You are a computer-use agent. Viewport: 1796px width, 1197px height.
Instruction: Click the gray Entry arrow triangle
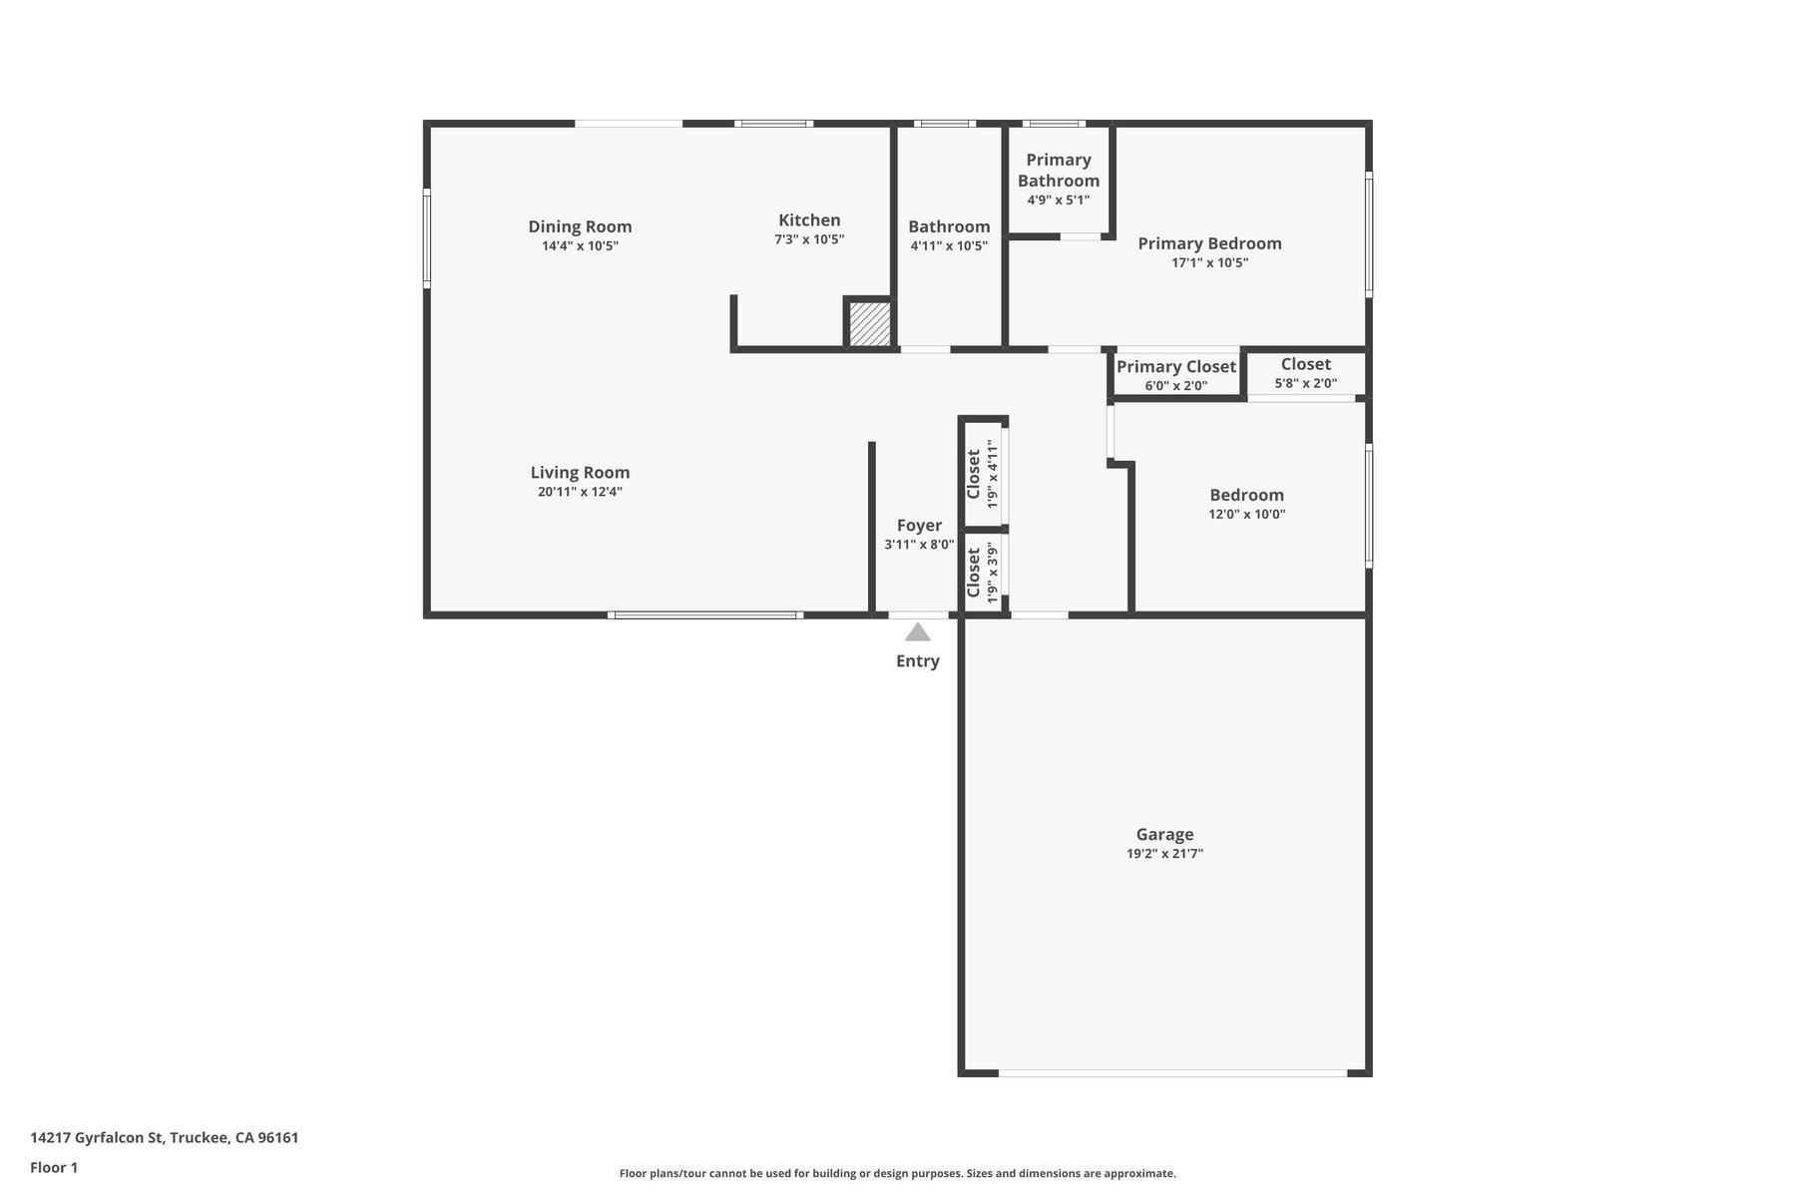[x=917, y=632]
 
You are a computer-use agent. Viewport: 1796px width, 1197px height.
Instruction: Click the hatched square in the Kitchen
[x=869, y=324]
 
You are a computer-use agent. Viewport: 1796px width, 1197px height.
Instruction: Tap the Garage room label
[x=1164, y=834]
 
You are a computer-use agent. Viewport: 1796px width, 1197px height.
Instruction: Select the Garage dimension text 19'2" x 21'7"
[x=1164, y=854]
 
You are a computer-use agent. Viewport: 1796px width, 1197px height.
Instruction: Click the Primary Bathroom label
[x=1058, y=170]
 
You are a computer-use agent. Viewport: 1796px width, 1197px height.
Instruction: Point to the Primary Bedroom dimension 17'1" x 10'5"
[x=1209, y=263]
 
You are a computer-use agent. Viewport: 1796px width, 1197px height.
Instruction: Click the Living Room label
[x=580, y=472]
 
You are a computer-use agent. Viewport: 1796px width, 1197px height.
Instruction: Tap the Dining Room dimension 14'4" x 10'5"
[x=580, y=246]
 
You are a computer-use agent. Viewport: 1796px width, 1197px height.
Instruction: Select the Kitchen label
[x=809, y=219]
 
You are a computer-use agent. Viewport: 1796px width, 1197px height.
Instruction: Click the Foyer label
[x=918, y=525]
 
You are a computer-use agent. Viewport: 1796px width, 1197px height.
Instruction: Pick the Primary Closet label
[x=1175, y=366]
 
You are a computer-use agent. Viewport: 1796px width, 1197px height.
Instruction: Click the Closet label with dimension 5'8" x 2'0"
[x=1305, y=364]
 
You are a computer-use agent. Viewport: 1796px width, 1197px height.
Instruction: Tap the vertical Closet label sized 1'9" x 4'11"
[x=974, y=474]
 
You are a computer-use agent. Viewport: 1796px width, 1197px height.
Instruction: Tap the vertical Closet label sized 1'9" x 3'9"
[x=974, y=573]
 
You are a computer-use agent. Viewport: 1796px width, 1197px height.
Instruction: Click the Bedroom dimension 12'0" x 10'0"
[x=1246, y=515]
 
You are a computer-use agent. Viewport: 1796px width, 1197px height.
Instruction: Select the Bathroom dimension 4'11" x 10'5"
[x=948, y=246]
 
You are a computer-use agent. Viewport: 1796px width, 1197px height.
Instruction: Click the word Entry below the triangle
[x=917, y=660]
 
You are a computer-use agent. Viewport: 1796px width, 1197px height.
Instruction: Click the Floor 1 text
[x=54, y=1167]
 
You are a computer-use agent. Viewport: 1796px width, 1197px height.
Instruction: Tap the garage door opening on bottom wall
[x=1172, y=1073]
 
